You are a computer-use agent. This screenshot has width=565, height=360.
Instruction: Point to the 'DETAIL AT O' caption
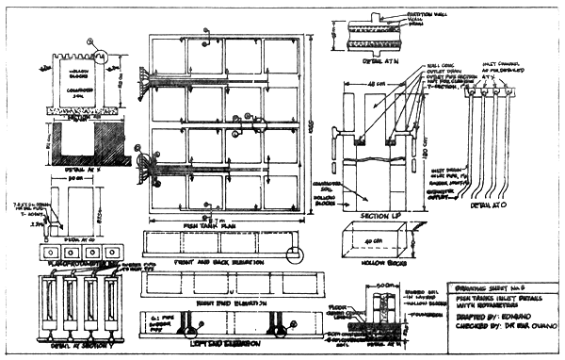(482, 203)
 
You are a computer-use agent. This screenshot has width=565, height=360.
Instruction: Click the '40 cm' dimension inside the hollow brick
(380, 241)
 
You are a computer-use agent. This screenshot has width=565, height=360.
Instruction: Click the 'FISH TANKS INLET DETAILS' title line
(496, 289)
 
